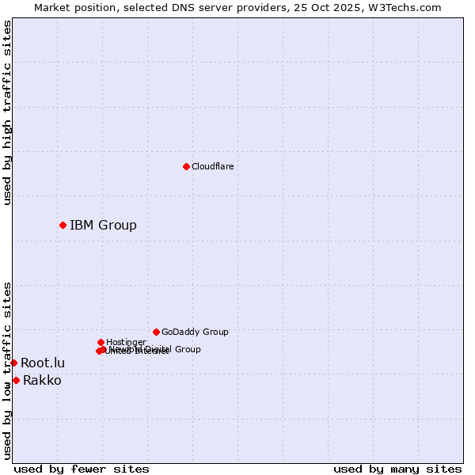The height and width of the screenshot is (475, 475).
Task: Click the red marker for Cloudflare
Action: (x=186, y=166)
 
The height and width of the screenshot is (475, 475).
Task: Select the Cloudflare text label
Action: (x=212, y=166)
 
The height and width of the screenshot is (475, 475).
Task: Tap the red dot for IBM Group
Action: (x=63, y=225)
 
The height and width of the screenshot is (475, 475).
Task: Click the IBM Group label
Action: (x=103, y=225)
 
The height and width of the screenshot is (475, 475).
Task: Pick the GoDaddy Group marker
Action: (x=156, y=332)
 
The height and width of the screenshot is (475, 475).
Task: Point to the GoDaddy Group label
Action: (x=195, y=332)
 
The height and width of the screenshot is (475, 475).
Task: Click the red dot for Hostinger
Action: (x=101, y=342)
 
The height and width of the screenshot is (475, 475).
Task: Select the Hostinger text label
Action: (x=126, y=342)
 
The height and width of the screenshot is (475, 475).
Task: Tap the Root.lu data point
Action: (x=13, y=363)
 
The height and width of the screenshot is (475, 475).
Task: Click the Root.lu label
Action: (x=43, y=363)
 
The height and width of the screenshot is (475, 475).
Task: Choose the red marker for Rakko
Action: (x=16, y=380)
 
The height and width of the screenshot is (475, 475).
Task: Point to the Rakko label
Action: (x=42, y=380)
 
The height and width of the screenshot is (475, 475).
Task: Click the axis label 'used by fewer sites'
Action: (x=82, y=469)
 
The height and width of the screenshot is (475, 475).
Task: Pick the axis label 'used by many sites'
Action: (x=397, y=469)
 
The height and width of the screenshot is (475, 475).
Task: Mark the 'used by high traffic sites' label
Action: (x=7, y=112)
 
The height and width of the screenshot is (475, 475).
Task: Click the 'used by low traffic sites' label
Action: (x=7, y=370)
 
